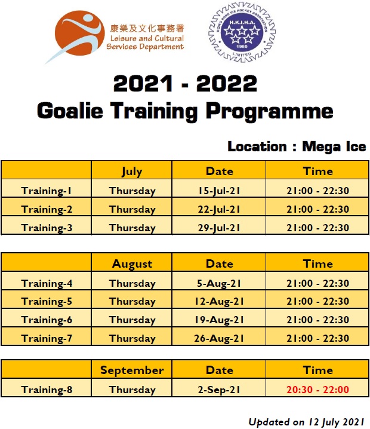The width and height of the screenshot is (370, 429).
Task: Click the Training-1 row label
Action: point(47,191)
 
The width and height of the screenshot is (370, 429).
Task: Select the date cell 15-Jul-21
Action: point(219,191)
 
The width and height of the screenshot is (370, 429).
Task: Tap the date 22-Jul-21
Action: point(219,209)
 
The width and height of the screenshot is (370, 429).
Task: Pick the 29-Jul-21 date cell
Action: point(219,228)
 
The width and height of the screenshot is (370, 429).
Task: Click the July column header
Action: point(132,171)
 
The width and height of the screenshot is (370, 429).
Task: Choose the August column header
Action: point(132,264)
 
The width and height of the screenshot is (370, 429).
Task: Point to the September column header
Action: point(132,370)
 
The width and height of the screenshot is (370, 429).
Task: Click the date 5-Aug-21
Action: point(219,283)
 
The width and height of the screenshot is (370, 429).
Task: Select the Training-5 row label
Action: point(47,302)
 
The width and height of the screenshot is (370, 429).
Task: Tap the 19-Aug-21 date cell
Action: point(219,320)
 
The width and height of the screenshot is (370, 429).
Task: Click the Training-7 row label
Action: point(47,338)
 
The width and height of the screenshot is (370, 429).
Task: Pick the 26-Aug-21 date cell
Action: point(219,338)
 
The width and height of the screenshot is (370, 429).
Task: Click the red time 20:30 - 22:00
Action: point(317,390)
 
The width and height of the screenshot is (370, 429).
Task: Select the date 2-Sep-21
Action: point(219,390)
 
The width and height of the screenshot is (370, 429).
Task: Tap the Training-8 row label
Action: point(47,390)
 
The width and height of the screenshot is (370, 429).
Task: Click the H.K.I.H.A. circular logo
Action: point(242,32)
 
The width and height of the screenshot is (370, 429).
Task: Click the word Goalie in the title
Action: point(70,111)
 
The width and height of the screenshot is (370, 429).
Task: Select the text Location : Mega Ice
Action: point(297,146)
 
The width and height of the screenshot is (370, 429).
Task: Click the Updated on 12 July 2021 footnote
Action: point(306,422)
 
